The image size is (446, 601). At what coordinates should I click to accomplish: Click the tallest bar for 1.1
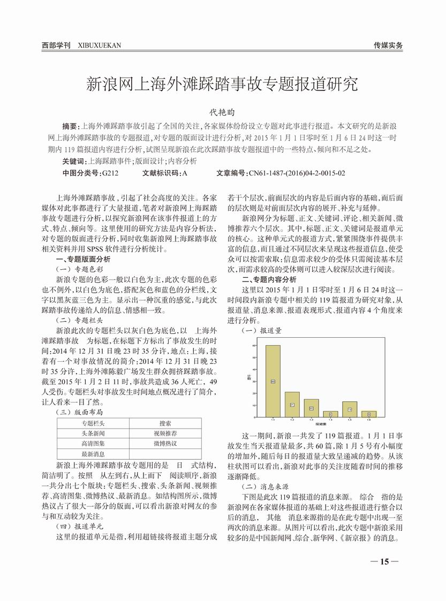click(273, 381)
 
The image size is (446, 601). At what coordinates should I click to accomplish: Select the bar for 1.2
click(292, 405)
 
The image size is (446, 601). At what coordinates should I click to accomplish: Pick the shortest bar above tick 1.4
click(330, 414)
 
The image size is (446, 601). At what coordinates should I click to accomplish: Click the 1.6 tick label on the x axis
click(368, 421)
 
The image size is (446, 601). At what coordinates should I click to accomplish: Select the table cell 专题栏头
click(94, 423)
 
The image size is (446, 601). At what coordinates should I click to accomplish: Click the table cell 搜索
click(165, 423)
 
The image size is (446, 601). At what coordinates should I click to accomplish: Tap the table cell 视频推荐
click(165, 433)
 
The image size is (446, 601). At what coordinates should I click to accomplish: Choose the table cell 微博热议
click(165, 443)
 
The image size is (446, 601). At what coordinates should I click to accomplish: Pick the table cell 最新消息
click(94, 454)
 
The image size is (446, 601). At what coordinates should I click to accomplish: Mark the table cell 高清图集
click(94, 444)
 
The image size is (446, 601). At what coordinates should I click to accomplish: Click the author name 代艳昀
click(222, 113)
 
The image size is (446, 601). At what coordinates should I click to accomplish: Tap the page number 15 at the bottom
click(384, 561)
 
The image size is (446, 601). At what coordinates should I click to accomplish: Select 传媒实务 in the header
click(388, 45)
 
